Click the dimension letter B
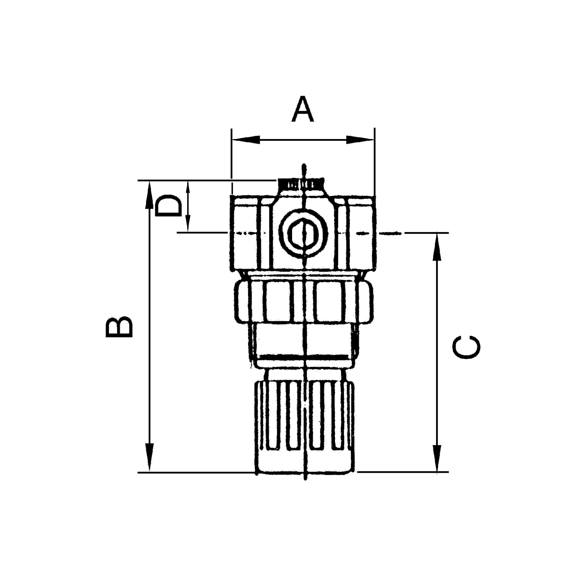[x=119, y=327]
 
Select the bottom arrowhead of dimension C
[x=437, y=467]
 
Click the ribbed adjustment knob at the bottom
[x=304, y=425]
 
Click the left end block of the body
[x=244, y=233]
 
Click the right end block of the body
[x=361, y=233]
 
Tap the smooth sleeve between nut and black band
[x=304, y=339]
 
